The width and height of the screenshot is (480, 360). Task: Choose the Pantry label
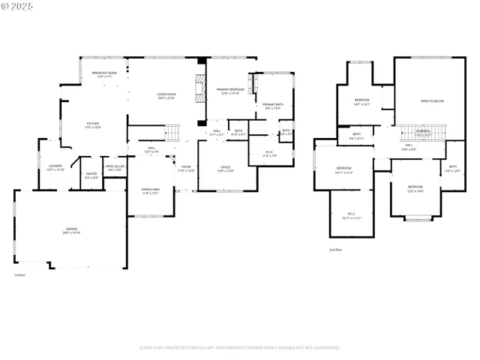pos(91,175)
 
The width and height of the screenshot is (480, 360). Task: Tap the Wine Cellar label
pos(114,168)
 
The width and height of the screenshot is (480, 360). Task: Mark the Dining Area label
pos(150,190)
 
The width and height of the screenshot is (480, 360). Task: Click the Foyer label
pos(185,168)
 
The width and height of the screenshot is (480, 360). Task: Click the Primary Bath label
pos(273,106)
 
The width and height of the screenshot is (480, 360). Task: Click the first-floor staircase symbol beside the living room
pos(173,133)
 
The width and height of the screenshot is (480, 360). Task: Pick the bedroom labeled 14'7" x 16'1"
pos(362,101)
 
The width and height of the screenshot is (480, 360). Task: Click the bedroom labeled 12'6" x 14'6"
pos(415,188)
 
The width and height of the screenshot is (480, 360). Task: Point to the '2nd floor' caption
pos(335,249)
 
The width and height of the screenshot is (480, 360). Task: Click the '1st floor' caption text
pos(20,275)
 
